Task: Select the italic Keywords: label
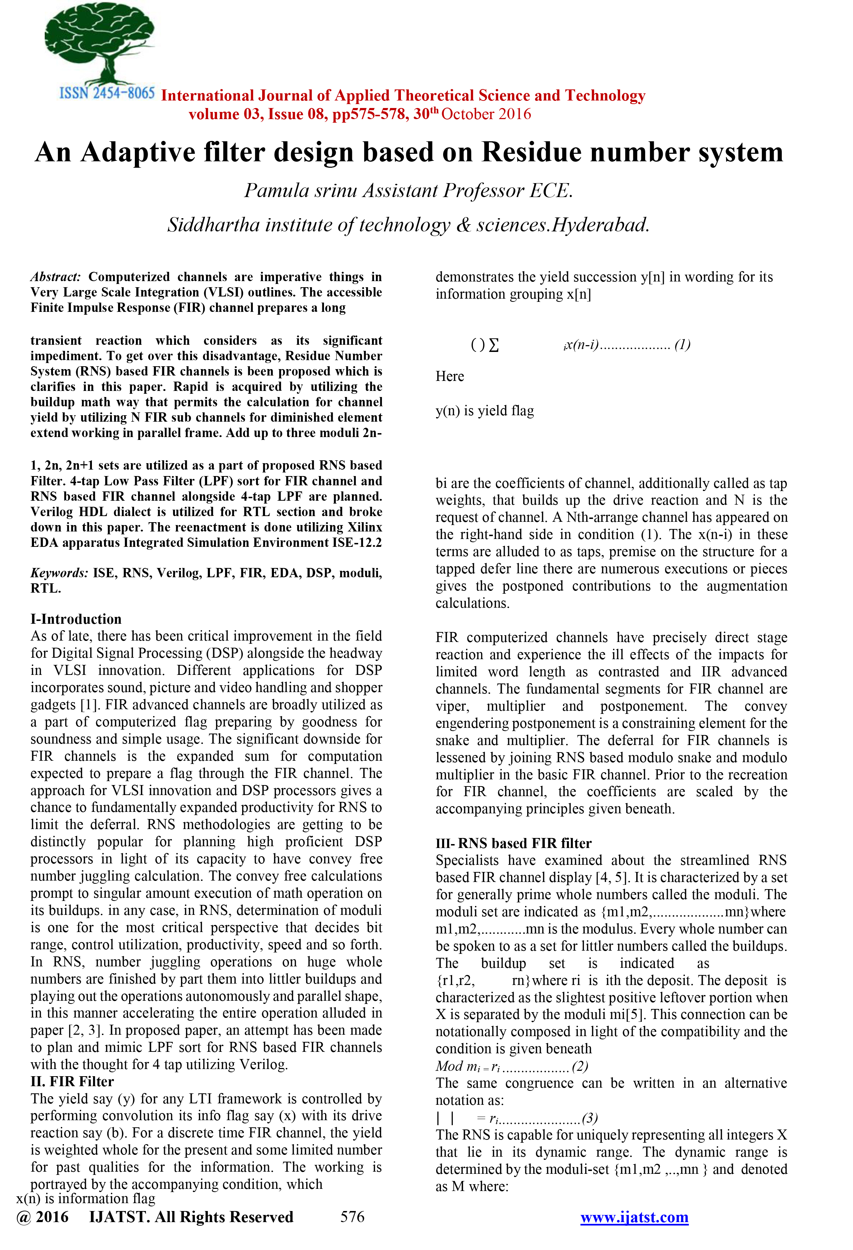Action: (59, 573)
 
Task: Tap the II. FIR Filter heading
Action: (72, 1081)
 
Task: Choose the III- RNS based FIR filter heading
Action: (513, 843)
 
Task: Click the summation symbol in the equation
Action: (494, 345)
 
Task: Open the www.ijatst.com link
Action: (634, 1217)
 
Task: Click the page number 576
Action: (352, 1217)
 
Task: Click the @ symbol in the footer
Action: (24, 1217)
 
